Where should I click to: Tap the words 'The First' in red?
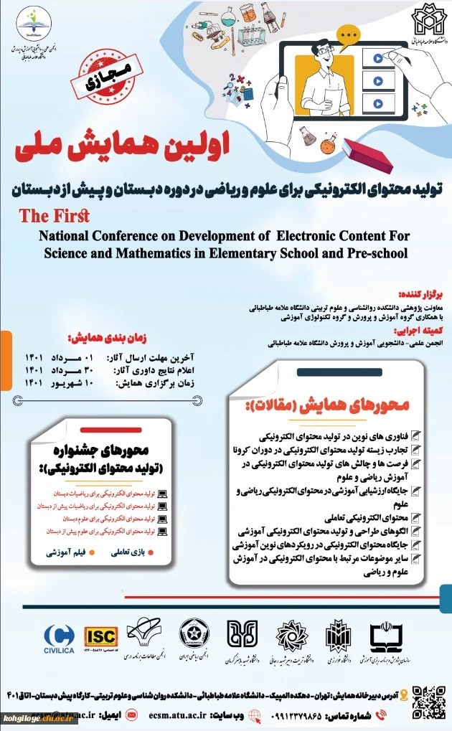54,215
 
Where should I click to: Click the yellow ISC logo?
102,636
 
